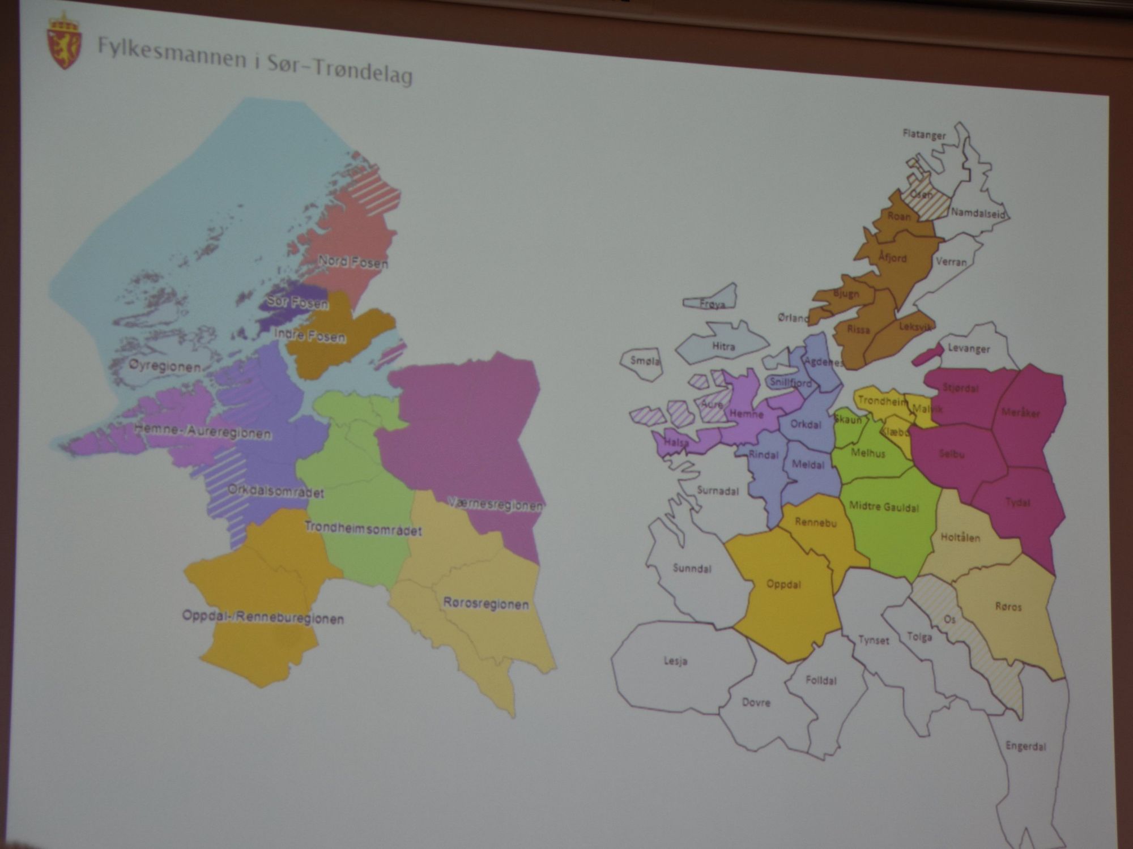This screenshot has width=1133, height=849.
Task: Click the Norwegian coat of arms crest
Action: coord(64,41)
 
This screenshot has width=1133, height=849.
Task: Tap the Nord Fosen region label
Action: coord(353,262)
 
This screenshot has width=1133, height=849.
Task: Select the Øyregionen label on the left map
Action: coord(164,366)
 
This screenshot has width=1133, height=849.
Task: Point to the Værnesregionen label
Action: coord(495,504)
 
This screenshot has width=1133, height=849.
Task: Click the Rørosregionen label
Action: coord(485,604)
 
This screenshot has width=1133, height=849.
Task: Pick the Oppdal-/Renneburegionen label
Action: coord(263,617)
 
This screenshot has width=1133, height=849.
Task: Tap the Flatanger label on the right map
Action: coord(924,135)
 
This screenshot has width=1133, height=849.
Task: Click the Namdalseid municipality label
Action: coord(978,214)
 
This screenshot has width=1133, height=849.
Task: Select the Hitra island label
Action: coord(723,346)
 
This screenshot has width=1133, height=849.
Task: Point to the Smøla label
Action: coord(645,360)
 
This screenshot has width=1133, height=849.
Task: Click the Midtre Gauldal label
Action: coord(884,507)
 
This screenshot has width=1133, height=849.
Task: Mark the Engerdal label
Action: coord(1025,746)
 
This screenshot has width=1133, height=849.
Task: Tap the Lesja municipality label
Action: coord(675,660)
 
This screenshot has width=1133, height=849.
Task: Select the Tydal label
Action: coord(1017,502)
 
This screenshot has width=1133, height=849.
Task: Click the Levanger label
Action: coord(969,348)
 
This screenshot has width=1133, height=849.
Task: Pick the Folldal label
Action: coord(820,680)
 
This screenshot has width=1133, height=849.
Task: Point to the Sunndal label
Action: coord(692,568)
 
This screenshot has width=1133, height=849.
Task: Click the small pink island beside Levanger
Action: coord(927,355)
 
